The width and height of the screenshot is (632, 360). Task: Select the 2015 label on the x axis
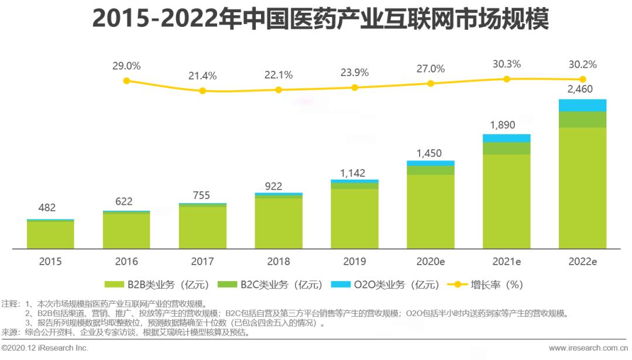pyautogui.click(x=50, y=262)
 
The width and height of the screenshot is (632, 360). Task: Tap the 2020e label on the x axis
pyautogui.click(x=431, y=262)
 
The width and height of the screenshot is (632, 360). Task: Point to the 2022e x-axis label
pyautogui.click(x=582, y=262)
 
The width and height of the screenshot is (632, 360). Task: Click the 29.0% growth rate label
pyautogui.click(x=126, y=66)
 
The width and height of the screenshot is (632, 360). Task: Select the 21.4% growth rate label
pyautogui.click(x=202, y=76)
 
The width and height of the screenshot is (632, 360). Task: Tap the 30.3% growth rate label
pyautogui.click(x=507, y=64)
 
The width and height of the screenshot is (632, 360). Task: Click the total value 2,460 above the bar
pyautogui.click(x=582, y=90)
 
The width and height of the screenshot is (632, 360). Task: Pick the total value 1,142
pyautogui.click(x=355, y=173)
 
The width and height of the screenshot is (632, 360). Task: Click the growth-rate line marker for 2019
pyautogui.click(x=355, y=87)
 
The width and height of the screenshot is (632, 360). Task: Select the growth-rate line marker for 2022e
pyautogui.click(x=582, y=80)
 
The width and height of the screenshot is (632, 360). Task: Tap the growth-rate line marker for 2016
pyautogui.click(x=126, y=80)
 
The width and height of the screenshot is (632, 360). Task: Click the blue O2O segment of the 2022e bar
pyautogui.click(x=582, y=105)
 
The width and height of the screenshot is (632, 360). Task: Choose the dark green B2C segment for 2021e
pyautogui.click(x=507, y=148)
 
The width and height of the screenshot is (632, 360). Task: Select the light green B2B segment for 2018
pyautogui.click(x=279, y=223)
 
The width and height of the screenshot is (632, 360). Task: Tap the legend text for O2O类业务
pyautogui.click(x=396, y=285)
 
